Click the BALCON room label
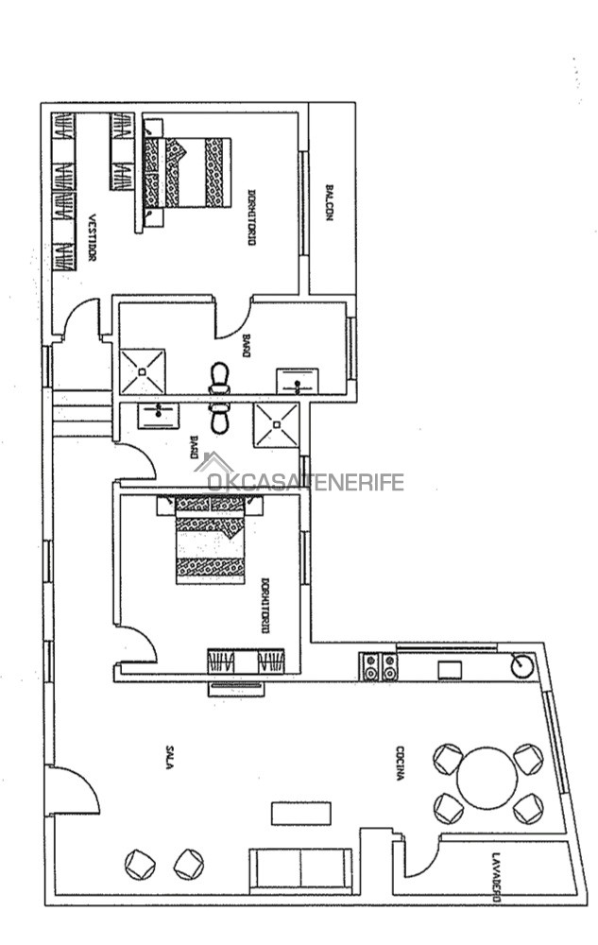coord(329,202)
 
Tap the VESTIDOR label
coord(93,237)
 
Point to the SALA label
coord(170,757)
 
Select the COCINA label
coord(400,764)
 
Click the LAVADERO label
coord(496,877)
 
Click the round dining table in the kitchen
coord(487,778)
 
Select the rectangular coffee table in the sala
coord(301,813)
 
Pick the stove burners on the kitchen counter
coord(380,666)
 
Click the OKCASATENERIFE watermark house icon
coord(214,463)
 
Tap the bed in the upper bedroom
coord(187,172)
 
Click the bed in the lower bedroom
coord(210,540)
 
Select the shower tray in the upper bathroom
coord(142,371)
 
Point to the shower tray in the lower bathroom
coord(277,425)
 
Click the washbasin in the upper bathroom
coord(297,382)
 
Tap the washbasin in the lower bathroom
coord(159,416)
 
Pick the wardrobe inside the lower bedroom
coord(246,661)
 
